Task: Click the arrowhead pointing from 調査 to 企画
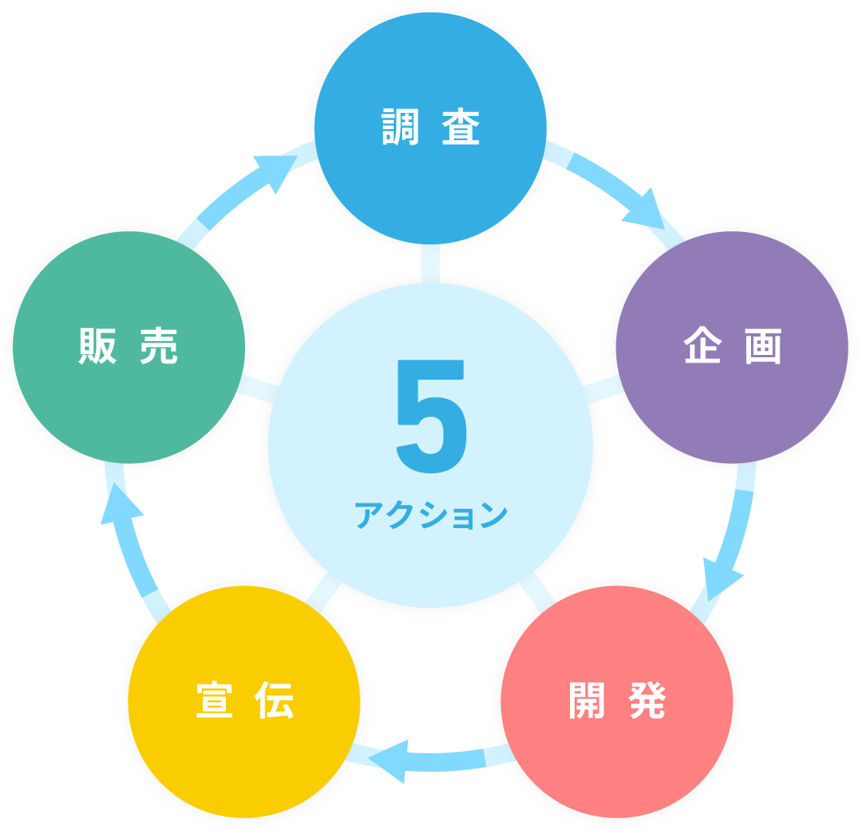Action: click(x=647, y=210)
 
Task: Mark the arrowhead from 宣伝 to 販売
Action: click(x=120, y=507)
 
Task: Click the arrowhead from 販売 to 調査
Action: click(x=275, y=170)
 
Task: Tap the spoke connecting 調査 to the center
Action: click(x=431, y=263)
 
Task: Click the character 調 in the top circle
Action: click(x=401, y=128)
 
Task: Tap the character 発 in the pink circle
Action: click(x=647, y=701)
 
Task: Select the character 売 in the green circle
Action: click(x=159, y=346)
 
